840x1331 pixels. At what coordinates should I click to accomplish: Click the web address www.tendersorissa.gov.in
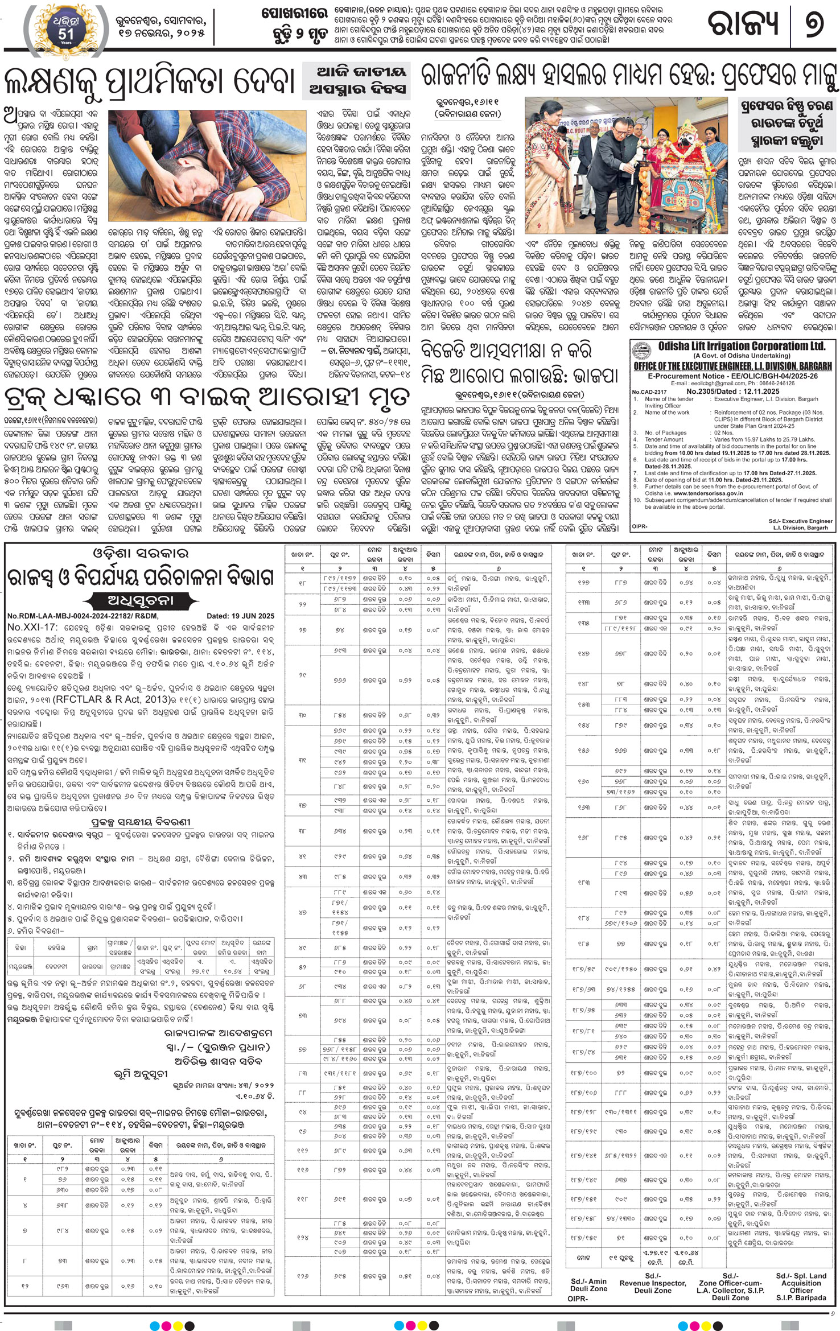pyautogui.click(x=698, y=493)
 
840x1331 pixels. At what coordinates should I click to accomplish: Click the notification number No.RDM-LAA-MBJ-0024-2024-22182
pyautogui.click(x=83, y=616)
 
